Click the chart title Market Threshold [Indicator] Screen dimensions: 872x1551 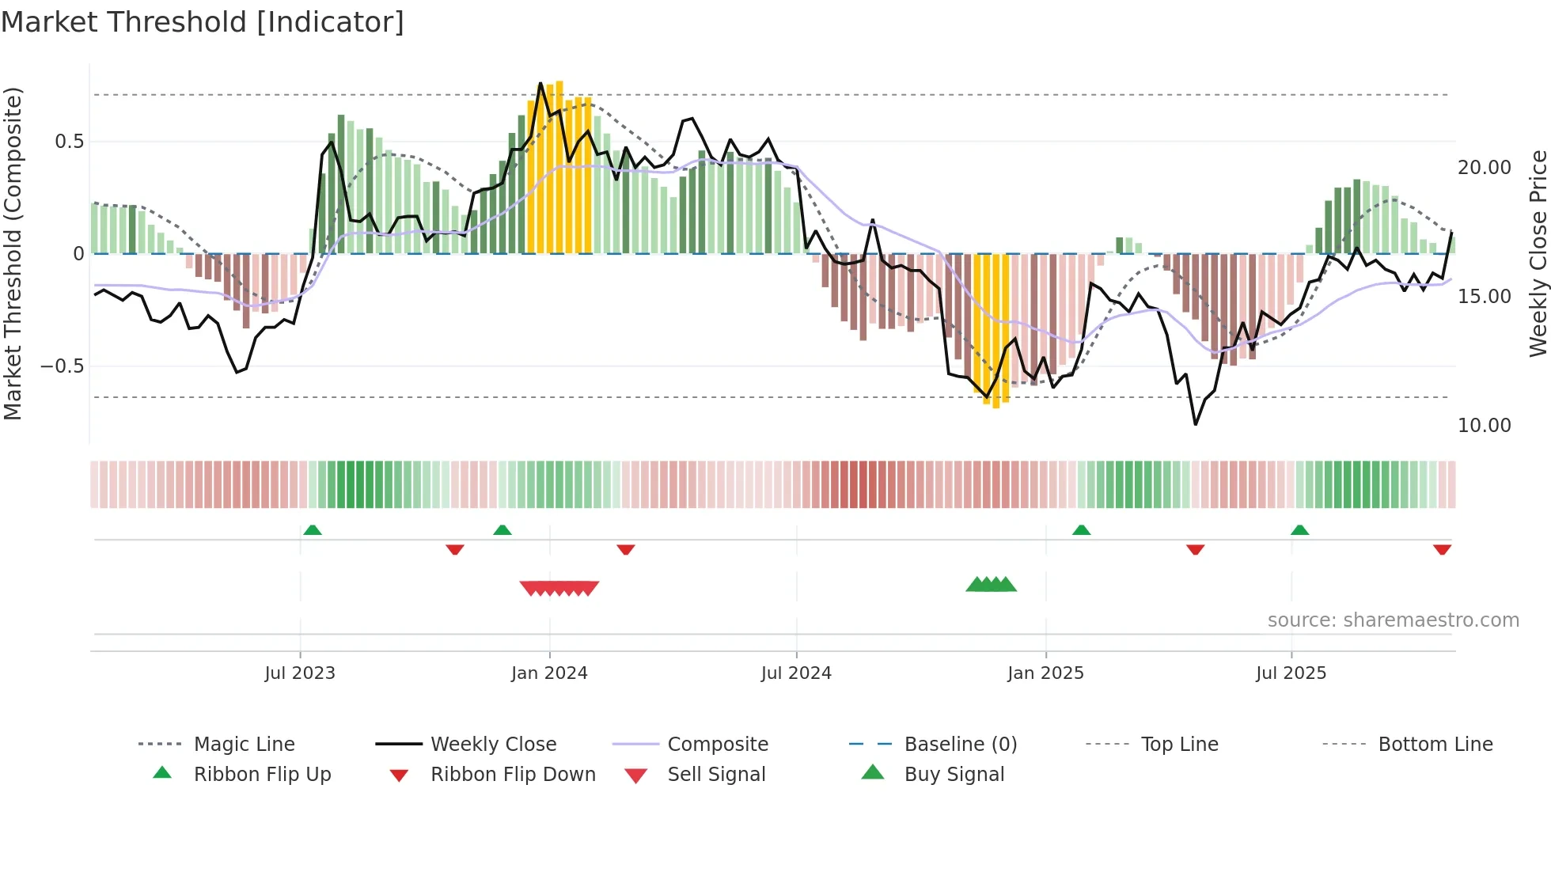pos(203,22)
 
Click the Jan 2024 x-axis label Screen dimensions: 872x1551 pos(549,673)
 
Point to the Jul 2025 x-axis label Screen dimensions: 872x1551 pos(1291,673)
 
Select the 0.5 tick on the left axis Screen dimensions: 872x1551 pos(69,142)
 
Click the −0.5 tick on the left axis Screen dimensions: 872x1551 pos(63,366)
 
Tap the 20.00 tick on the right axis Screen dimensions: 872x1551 pos(1484,168)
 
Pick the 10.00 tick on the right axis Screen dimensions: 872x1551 pos(1484,426)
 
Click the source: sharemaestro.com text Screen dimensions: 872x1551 pos(1393,620)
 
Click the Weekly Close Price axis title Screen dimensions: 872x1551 pos(1538,253)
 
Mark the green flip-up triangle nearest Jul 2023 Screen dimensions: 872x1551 pos(313,530)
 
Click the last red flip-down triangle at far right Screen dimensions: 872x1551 pos(1442,549)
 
